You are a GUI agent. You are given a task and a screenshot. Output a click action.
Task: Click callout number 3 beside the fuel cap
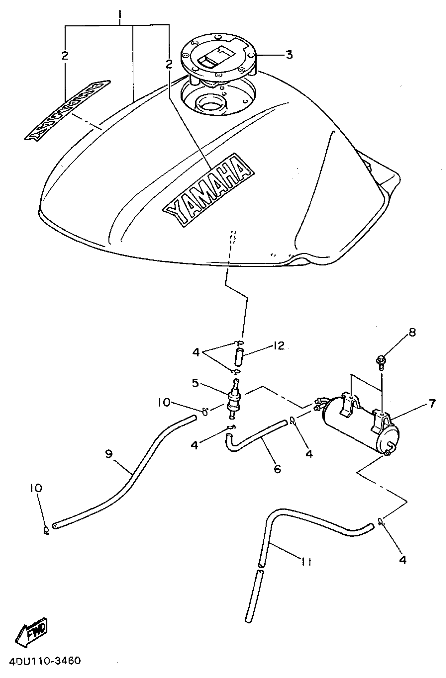click(x=289, y=54)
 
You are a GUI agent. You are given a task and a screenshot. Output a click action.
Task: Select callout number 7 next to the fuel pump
click(x=432, y=403)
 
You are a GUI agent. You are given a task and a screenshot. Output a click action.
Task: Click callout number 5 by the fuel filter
click(x=195, y=383)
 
